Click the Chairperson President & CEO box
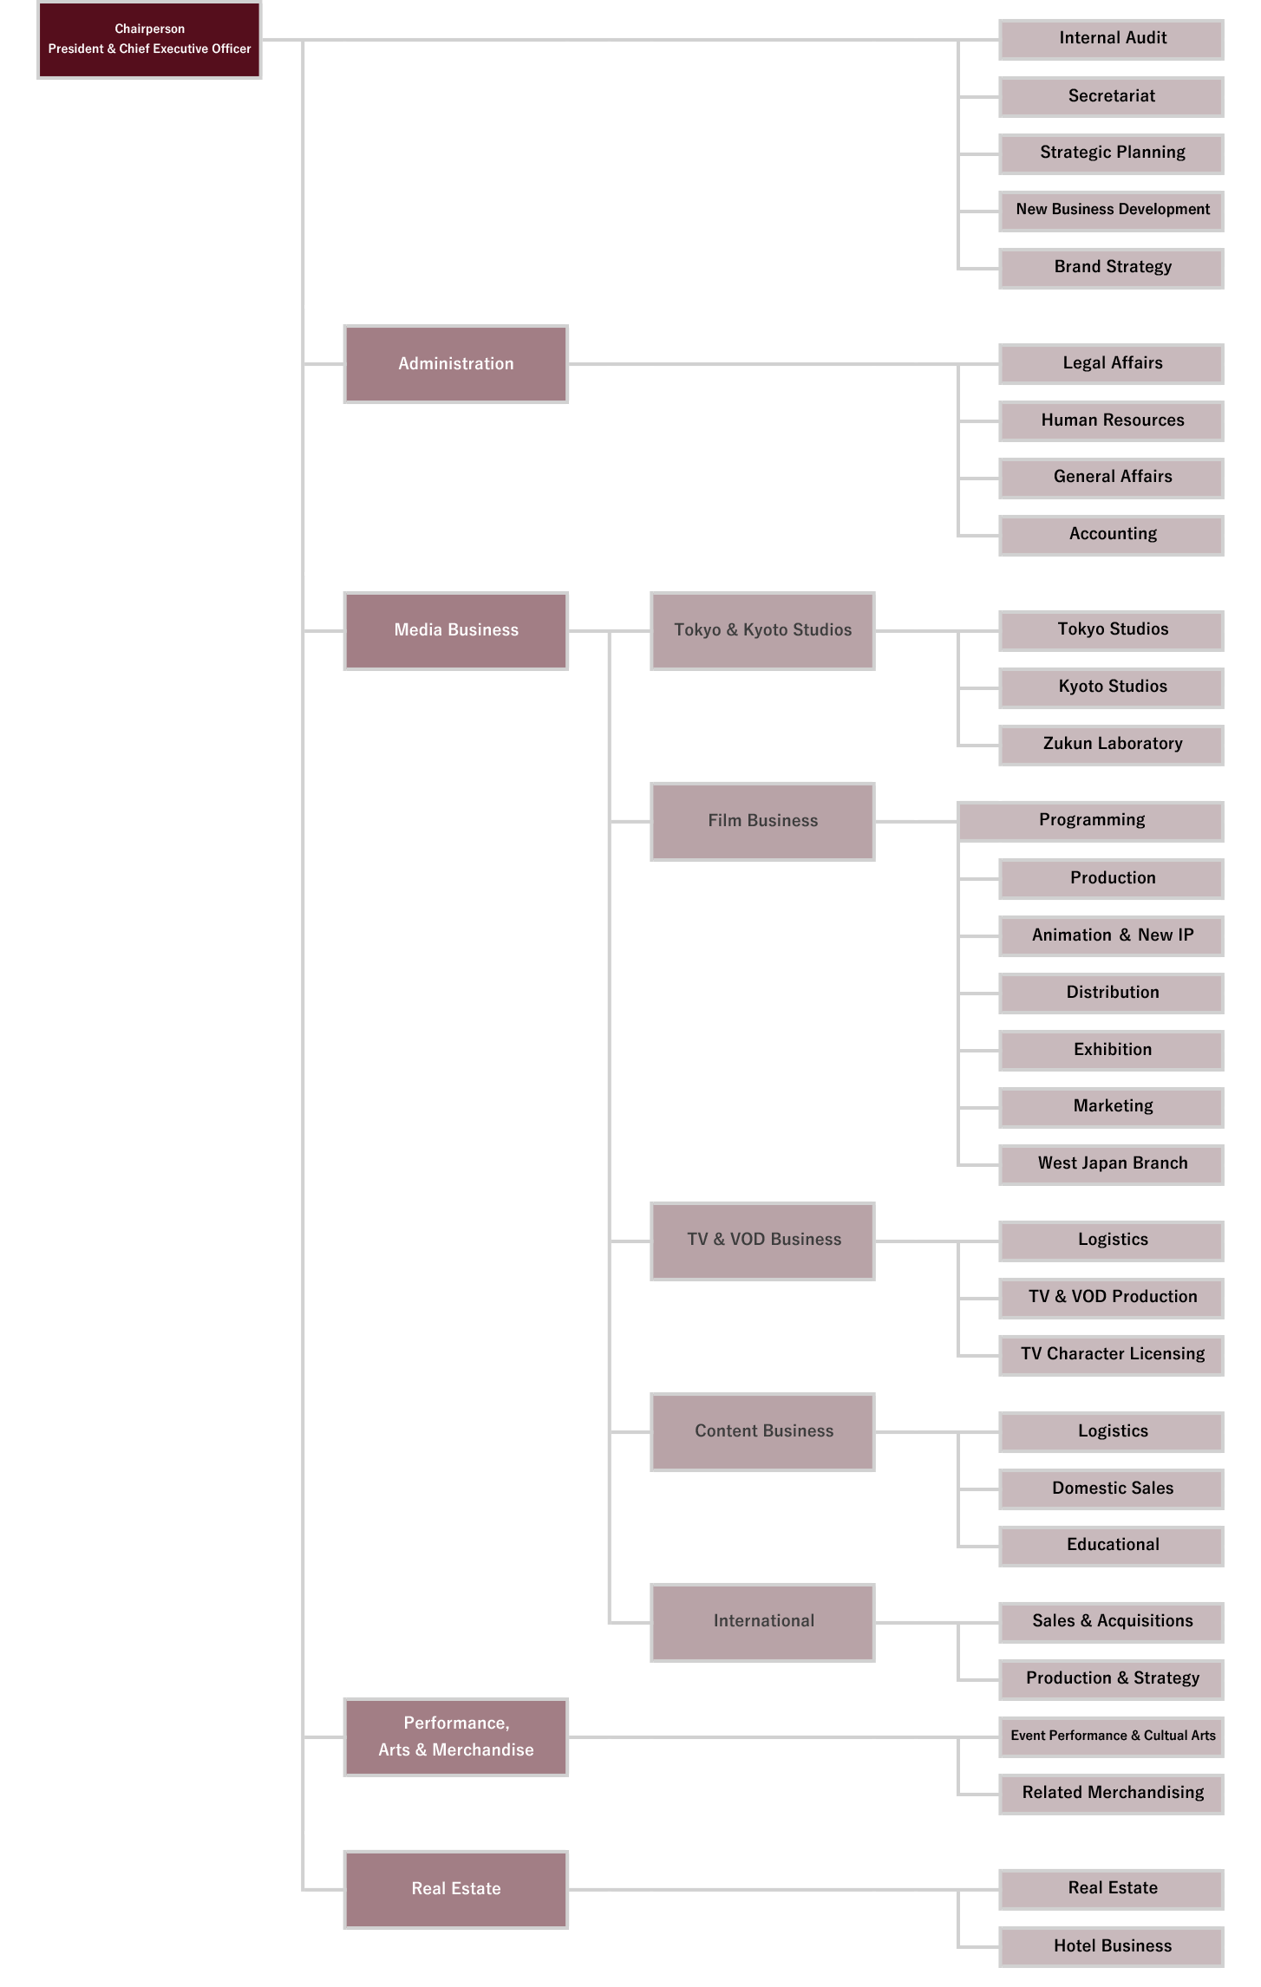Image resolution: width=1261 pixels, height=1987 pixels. tap(149, 40)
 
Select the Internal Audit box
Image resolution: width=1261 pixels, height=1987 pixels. tap(1111, 39)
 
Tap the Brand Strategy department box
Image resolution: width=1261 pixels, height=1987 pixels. tap(1111, 268)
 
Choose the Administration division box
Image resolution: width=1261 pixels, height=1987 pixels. tap(456, 364)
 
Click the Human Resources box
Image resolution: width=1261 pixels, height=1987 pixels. tap(1111, 420)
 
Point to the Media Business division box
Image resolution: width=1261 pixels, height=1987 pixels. tap(456, 631)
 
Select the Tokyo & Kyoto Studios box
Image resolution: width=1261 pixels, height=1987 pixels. tap(762, 631)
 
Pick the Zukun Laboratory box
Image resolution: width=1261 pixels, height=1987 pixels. tap(1111, 745)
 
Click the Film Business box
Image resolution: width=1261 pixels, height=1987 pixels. tap(762, 822)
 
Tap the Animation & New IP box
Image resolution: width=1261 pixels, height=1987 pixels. tap(1111, 935)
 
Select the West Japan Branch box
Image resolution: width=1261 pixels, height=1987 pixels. tap(1111, 1164)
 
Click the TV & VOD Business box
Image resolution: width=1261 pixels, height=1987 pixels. tap(762, 1241)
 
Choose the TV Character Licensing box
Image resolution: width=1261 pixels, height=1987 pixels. tap(1111, 1355)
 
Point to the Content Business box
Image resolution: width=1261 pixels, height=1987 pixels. tap(762, 1431)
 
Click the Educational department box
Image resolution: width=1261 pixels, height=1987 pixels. tap(1111, 1546)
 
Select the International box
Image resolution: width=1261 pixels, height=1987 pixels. tap(762, 1622)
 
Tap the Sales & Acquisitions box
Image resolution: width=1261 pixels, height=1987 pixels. tap(1111, 1622)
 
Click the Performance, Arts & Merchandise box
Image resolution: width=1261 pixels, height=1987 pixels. tap(456, 1736)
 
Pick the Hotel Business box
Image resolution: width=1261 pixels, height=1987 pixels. tap(1111, 1946)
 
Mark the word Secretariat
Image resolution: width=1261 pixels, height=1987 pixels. tap(1112, 96)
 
